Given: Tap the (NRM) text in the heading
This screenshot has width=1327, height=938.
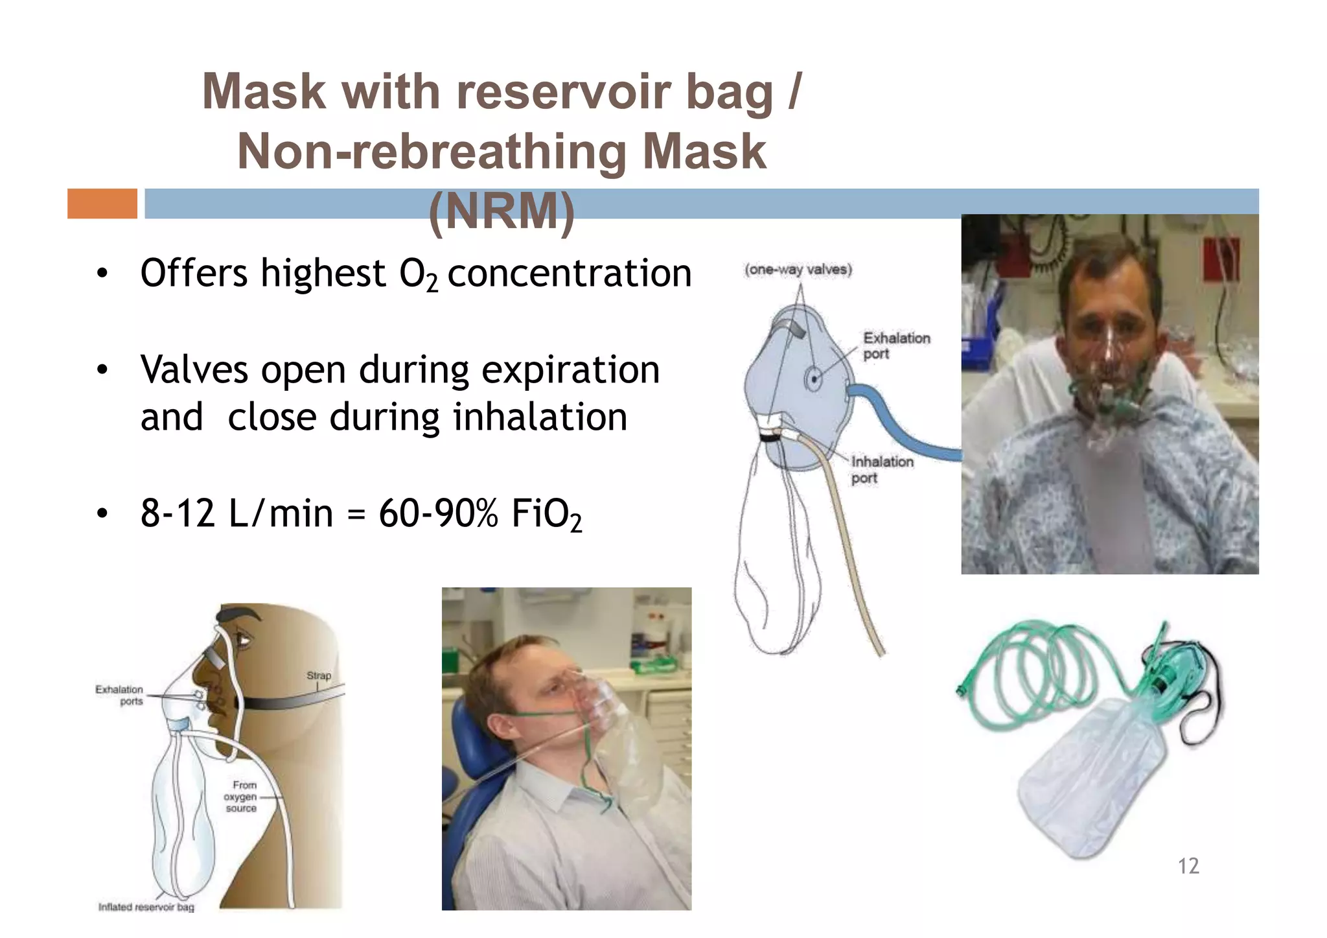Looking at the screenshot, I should pyautogui.click(x=502, y=211).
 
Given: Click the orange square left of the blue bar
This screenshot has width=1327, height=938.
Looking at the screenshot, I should pyautogui.click(x=102, y=204).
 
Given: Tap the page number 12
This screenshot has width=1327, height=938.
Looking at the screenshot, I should pyautogui.click(x=1188, y=865).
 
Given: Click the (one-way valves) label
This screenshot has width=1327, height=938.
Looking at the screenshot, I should pyautogui.click(x=798, y=270).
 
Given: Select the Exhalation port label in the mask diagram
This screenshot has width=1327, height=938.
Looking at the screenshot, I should pyautogui.click(x=895, y=346).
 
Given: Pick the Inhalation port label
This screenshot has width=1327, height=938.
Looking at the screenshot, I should pyautogui.click(x=881, y=469).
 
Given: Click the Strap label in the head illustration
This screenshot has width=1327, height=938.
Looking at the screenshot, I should pyautogui.click(x=318, y=675).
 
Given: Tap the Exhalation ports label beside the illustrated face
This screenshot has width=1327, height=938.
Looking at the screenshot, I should pyautogui.click(x=120, y=695).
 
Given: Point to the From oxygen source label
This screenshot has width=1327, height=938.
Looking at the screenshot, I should pyautogui.click(x=241, y=796).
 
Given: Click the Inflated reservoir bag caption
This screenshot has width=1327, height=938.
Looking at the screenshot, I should pyautogui.click(x=146, y=907).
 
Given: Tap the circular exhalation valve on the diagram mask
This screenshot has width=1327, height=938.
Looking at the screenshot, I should pyautogui.click(x=813, y=379).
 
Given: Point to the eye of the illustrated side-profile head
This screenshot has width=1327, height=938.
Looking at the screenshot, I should pyautogui.click(x=244, y=640).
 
